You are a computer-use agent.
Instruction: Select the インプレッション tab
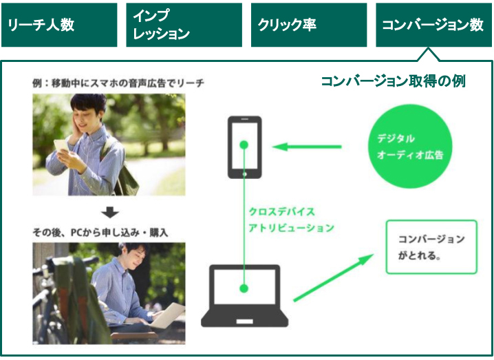pyautogui.click(x=184, y=25)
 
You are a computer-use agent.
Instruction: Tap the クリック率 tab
pyautogui.click(x=309, y=25)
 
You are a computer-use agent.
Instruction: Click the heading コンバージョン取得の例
pyautogui.click(x=394, y=81)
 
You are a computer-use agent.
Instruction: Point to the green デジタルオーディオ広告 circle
pyautogui.click(x=409, y=147)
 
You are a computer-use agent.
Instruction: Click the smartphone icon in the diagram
pyautogui.click(x=244, y=147)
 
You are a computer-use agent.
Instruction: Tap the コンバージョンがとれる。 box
pyautogui.click(x=431, y=247)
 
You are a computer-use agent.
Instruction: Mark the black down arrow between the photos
pyautogui.click(x=109, y=212)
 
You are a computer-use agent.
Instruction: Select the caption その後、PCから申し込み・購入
pyautogui.click(x=100, y=233)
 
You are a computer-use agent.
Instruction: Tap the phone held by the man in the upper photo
pyautogui.click(x=61, y=145)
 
